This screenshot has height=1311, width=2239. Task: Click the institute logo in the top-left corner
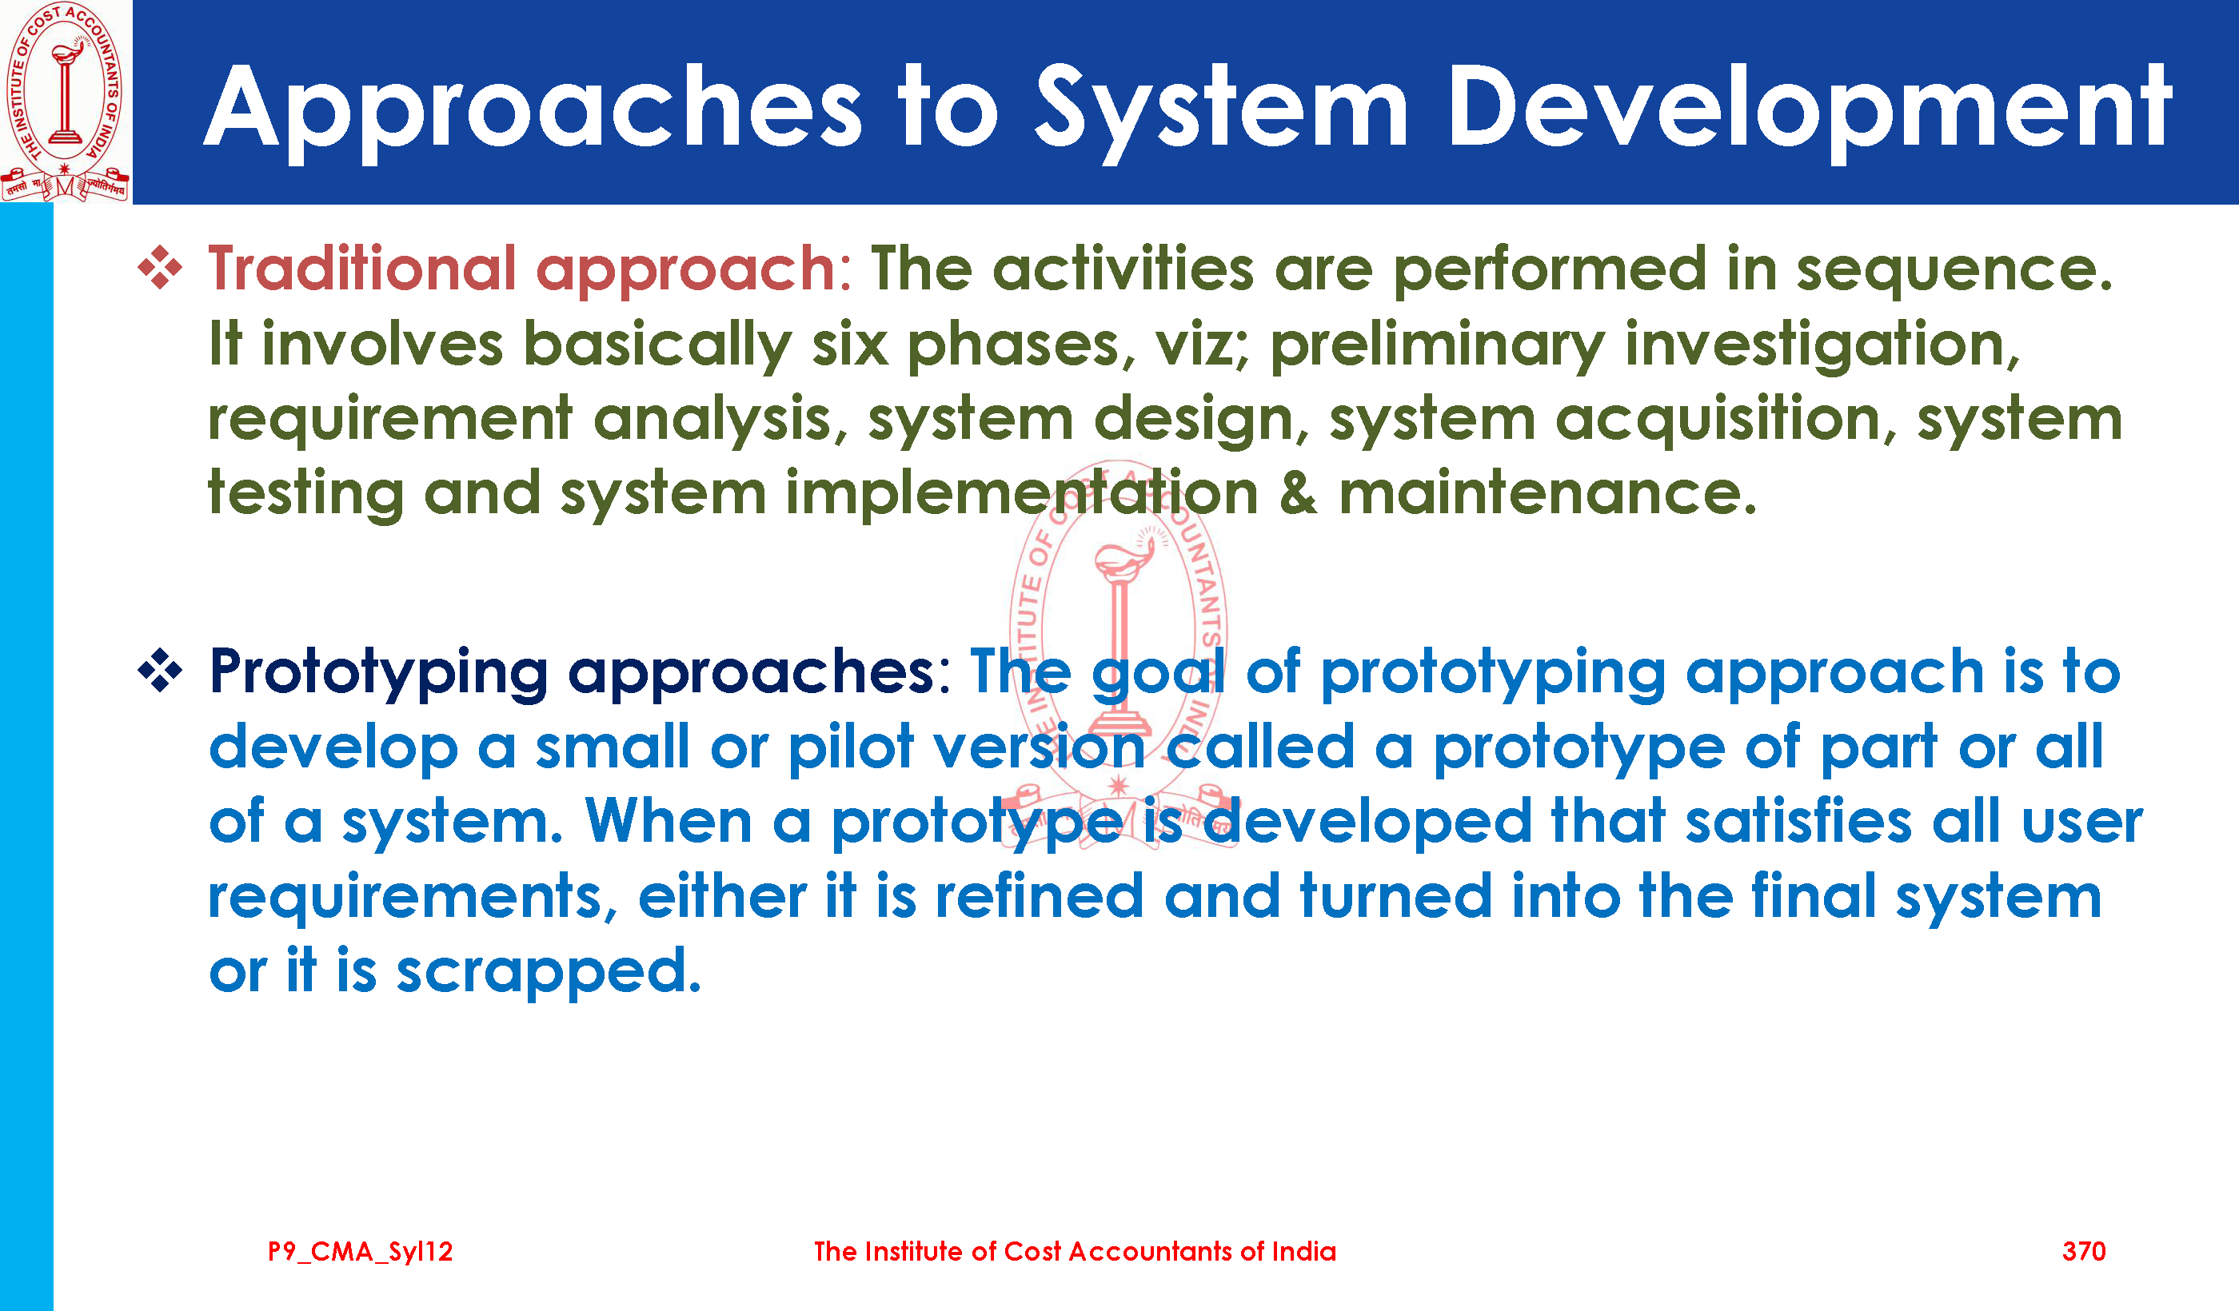65,102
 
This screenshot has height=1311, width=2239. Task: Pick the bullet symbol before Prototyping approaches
160,671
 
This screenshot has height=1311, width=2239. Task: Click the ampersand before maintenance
1298,494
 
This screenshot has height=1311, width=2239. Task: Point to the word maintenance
1548,494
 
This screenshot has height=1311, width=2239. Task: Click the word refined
1040,896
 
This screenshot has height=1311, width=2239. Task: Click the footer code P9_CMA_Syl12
361,1252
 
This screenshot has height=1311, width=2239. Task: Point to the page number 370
2084,1252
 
